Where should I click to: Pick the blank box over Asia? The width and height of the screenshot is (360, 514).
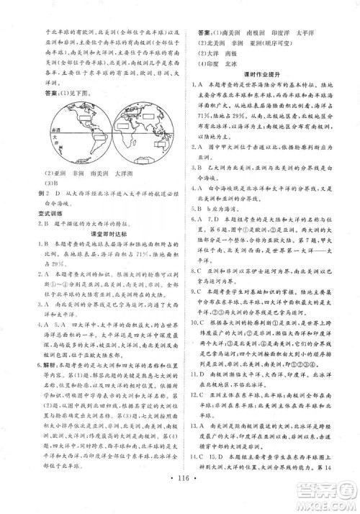tap(148, 113)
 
